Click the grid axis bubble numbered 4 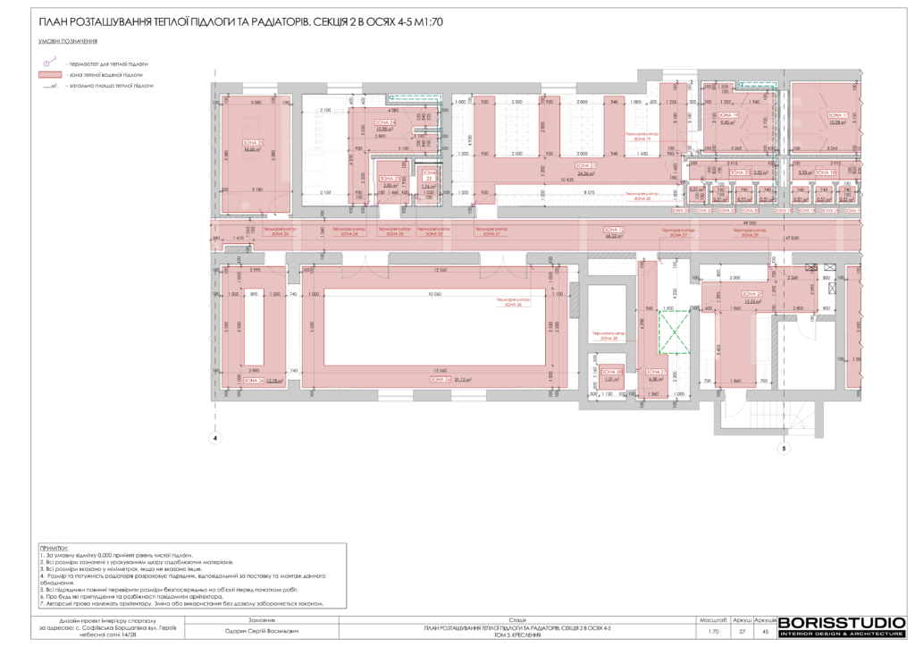tap(214, 439)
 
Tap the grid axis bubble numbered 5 tap(784, 450)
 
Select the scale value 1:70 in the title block tap(712, 630)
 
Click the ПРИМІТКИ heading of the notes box tap(54, 546)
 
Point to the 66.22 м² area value tap(613, 237)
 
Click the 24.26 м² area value tap(585, 172)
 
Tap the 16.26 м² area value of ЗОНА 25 tap(253, 149)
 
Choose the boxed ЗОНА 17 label tap(837, 115)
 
